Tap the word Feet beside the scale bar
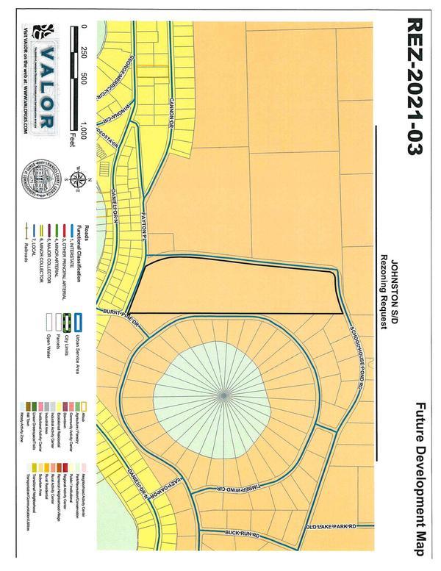click(73, 135)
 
